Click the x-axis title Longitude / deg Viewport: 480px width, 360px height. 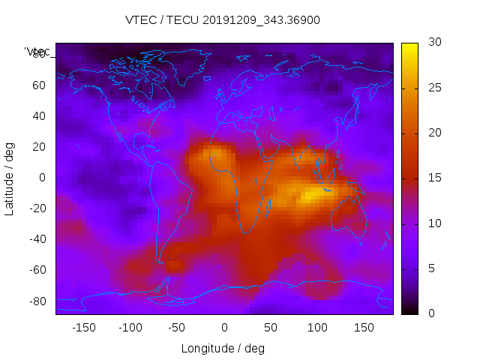(223, 348)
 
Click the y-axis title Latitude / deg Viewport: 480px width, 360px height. (10, 177)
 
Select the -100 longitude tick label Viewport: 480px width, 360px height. (130, 327)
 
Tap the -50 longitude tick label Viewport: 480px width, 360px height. (178, 327)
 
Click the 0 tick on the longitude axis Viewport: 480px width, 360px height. (224, 327)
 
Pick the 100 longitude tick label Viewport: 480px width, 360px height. (317, 327)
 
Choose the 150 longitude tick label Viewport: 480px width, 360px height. (364, 327)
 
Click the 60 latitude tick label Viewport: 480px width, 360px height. (39, 85)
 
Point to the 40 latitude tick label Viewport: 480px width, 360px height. (39, 115)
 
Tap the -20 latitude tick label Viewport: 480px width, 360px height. (37, 208)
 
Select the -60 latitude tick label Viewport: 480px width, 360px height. (37, 270)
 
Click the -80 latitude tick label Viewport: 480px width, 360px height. (37, 301)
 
